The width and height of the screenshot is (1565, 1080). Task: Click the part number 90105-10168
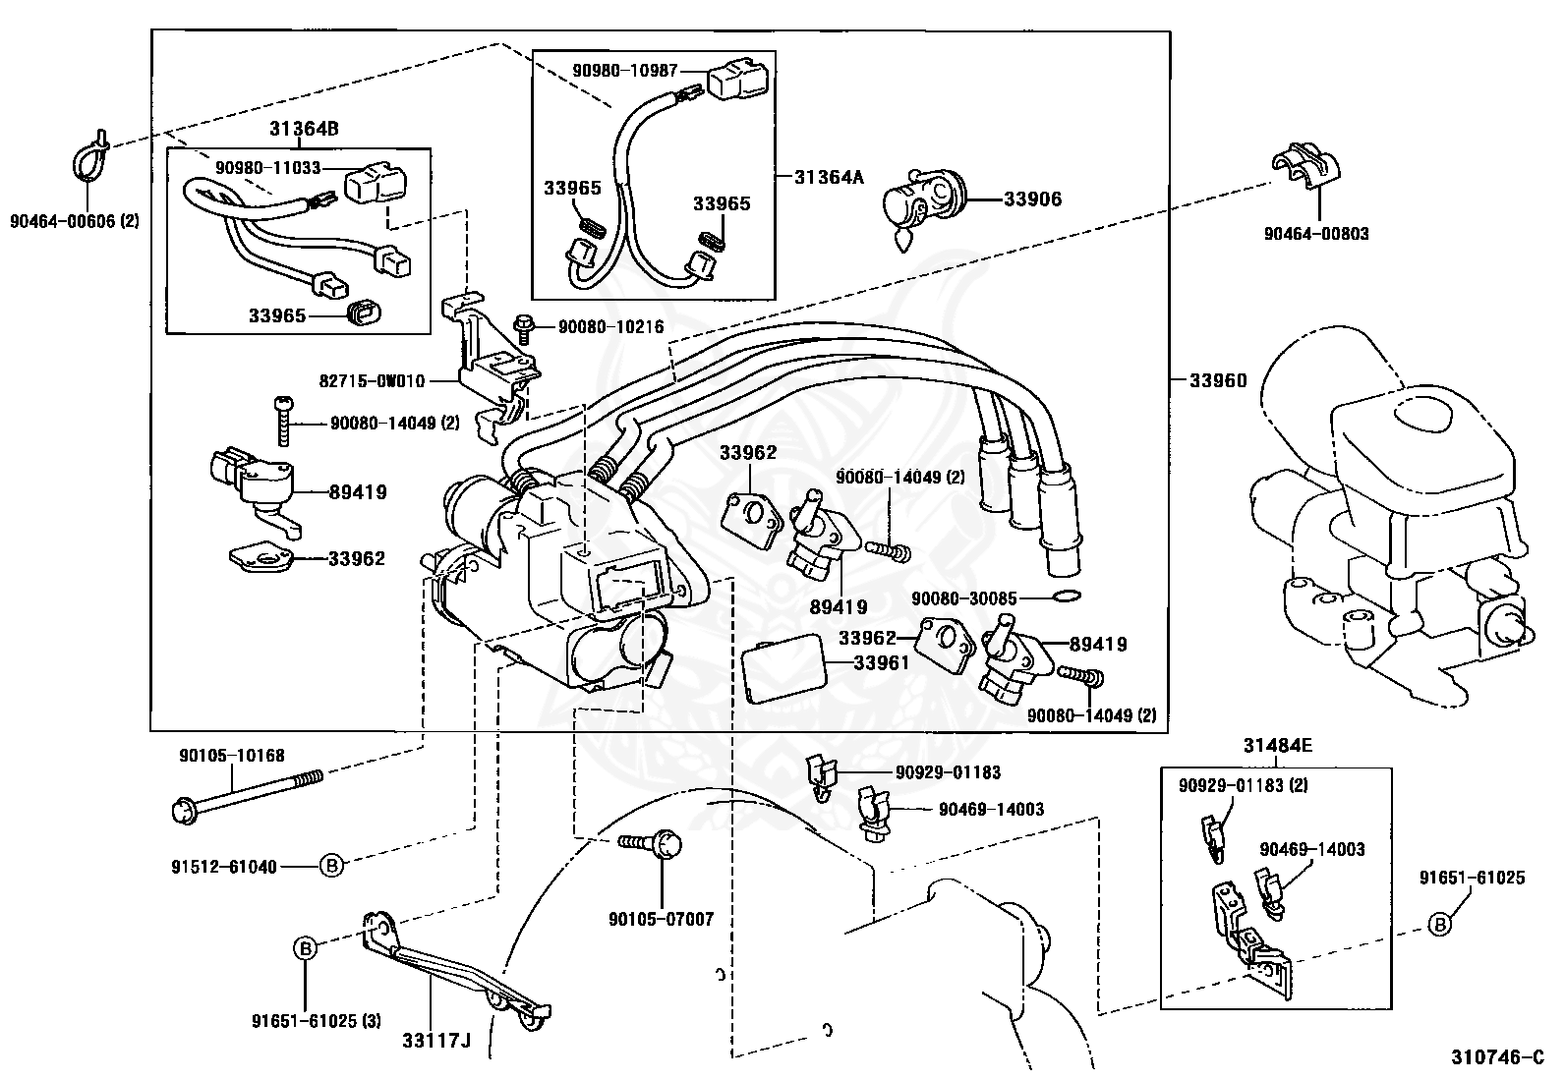(x=232, y=756)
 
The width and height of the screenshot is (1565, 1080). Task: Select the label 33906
(x=1032, y=199)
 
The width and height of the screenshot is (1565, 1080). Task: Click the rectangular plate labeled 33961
(x=781, y=670)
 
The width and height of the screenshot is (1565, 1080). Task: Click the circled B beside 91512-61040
(x=332, y=866)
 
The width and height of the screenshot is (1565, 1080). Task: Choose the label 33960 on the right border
(x=1217, y=380)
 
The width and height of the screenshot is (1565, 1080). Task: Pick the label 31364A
(x=830, y=177)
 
